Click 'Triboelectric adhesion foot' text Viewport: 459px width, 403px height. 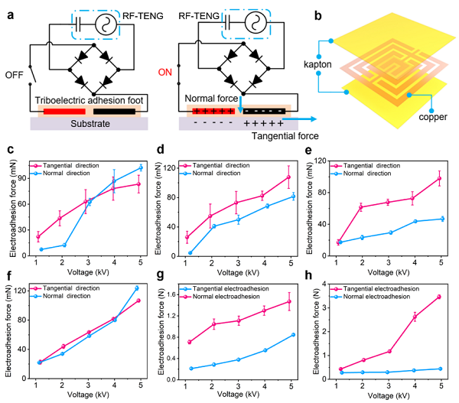tap(83, 100)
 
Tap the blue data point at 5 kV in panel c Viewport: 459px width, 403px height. tap(141, 167)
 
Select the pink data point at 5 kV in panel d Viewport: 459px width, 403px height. tap(289, 177)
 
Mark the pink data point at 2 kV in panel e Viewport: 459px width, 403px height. tap(360, 206)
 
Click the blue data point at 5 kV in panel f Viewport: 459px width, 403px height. tap(137, 288)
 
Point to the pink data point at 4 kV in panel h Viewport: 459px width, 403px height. tap(415, 317)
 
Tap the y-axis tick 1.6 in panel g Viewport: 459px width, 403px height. tap(171, 294)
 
